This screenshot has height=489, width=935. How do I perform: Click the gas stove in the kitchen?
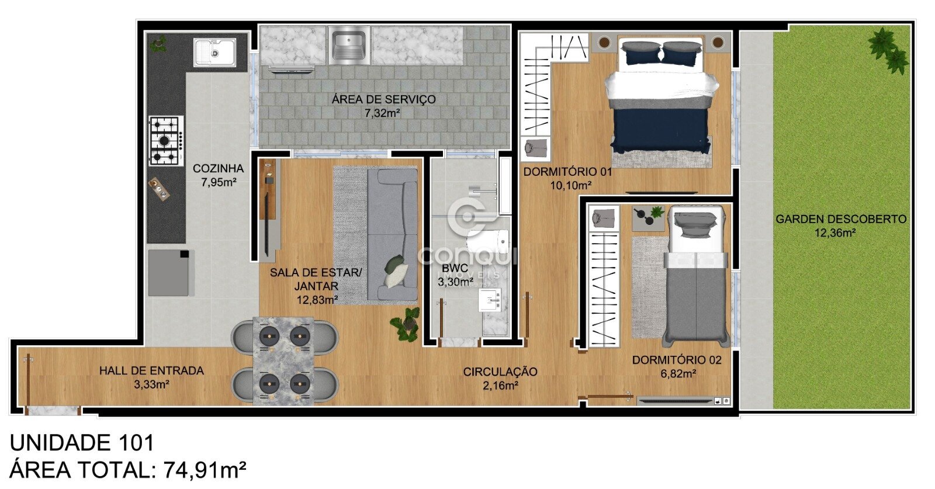tap(166, 141)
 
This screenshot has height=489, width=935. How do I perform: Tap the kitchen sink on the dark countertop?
tap(214, 53)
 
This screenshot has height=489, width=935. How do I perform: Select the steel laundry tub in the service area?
tap(349, 46)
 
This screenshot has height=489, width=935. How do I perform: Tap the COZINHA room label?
tap(219, 169)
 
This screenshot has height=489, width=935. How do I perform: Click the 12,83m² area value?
tap(317, 300)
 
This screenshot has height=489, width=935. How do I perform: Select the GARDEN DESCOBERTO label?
tap(841, 219)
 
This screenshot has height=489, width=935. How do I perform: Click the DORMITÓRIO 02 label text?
tap(677, 360)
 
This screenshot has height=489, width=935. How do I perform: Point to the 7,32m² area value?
tap(383, 113)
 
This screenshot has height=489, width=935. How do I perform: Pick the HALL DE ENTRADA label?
tap(151, 370)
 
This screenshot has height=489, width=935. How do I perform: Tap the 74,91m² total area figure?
tap(205, 470)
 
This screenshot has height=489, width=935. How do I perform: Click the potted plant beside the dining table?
tap(406, 324)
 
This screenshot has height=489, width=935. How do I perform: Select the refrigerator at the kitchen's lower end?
tap(171, 273)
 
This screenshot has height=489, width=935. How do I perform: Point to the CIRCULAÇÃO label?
tap(500, 372)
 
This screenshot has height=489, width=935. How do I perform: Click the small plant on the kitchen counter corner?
tap(158, 43)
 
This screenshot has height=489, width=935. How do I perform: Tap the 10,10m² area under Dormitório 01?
tap(570, 186)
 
